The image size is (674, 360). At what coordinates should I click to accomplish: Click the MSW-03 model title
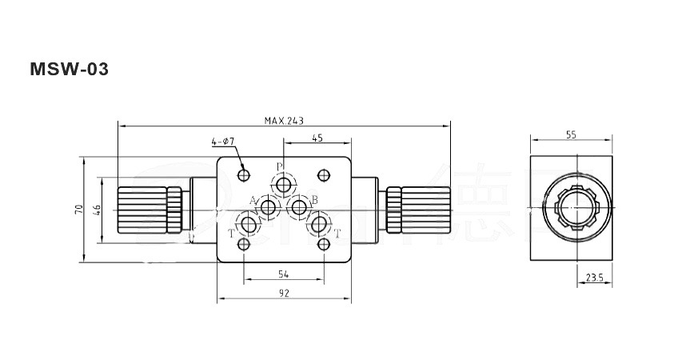(69, 70)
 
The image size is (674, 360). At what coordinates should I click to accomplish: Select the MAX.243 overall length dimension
(284, 121)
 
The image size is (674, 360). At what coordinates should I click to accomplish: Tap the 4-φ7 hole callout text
(222, 142)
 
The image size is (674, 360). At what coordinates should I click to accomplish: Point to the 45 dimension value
(317, 138)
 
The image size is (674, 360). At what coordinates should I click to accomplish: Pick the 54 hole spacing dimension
(283, 274)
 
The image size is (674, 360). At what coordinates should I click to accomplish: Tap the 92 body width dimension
(283, 293)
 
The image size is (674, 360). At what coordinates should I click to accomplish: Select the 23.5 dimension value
(594, 278)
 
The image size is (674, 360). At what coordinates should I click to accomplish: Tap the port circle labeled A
(269, 208)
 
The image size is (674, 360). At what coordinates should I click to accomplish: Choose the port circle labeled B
(299, 208)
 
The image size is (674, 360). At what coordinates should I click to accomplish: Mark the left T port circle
(249, 224)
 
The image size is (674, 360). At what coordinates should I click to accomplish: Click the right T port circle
(320, 224)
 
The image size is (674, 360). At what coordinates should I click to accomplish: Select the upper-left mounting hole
(245, 174)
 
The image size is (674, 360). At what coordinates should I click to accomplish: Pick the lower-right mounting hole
(324, 244)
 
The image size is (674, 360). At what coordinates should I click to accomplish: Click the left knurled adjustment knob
(150, 210)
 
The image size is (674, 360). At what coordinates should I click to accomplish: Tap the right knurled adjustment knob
(418, 210)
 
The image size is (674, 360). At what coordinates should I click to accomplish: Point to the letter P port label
(279, 167)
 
